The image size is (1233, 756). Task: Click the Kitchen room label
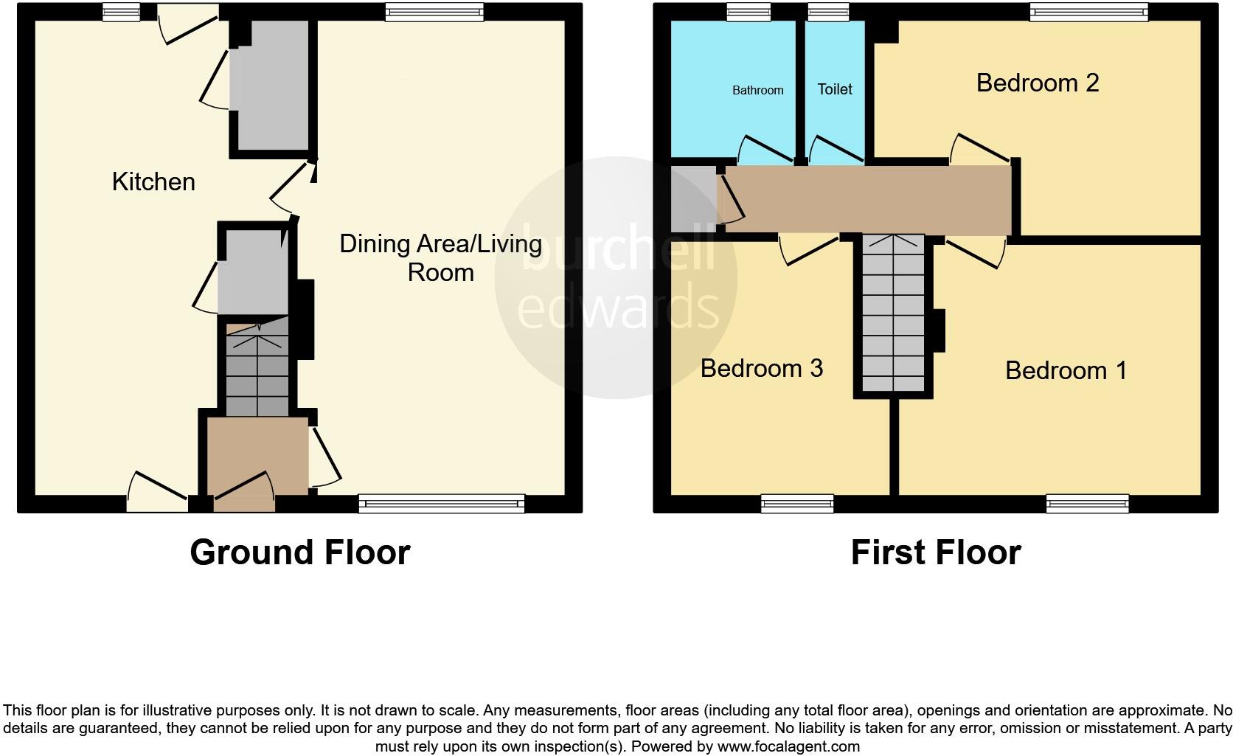(153, 181)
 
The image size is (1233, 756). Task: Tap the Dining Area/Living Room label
(440, 257)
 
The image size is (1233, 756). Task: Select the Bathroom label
(757, 90)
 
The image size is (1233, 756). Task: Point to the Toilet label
(835, 89)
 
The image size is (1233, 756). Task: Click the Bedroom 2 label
(1037, 83)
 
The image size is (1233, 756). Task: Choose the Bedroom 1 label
(1066, 370)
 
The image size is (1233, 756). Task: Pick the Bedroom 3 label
(761, 368)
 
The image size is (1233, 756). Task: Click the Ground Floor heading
(299, 552)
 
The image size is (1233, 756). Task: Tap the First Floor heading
(935, 552)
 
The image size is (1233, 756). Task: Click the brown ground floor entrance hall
(257, 456)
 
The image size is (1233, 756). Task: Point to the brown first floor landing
(866, 198)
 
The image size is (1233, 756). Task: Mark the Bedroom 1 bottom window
(1087, 504)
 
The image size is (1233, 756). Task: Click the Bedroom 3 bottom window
(797, 504)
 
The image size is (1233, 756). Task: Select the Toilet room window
(828, 11)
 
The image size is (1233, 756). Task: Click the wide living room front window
(442, 504)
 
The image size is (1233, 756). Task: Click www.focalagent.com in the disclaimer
(788, 746)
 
